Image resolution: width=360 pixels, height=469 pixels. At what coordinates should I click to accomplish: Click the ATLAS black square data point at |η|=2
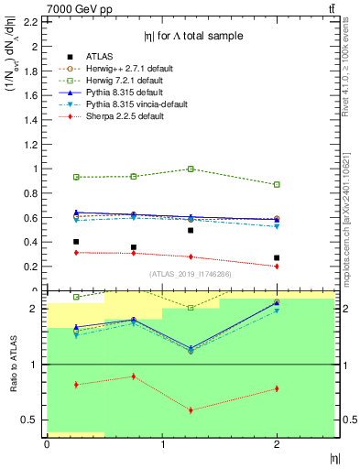[x=277, y=258]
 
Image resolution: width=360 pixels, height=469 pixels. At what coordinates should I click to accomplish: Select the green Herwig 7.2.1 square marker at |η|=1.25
[x=191, y=169]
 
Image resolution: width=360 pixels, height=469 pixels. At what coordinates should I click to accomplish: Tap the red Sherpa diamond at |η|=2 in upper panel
[x=277, y=266]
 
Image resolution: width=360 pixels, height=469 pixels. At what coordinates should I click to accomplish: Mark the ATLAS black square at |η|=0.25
[x=76, y=242]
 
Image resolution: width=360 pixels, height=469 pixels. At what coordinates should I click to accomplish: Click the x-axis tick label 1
[x=162, y=444]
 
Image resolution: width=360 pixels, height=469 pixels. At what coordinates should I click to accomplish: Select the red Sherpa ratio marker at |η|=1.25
[x=191, y=409]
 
